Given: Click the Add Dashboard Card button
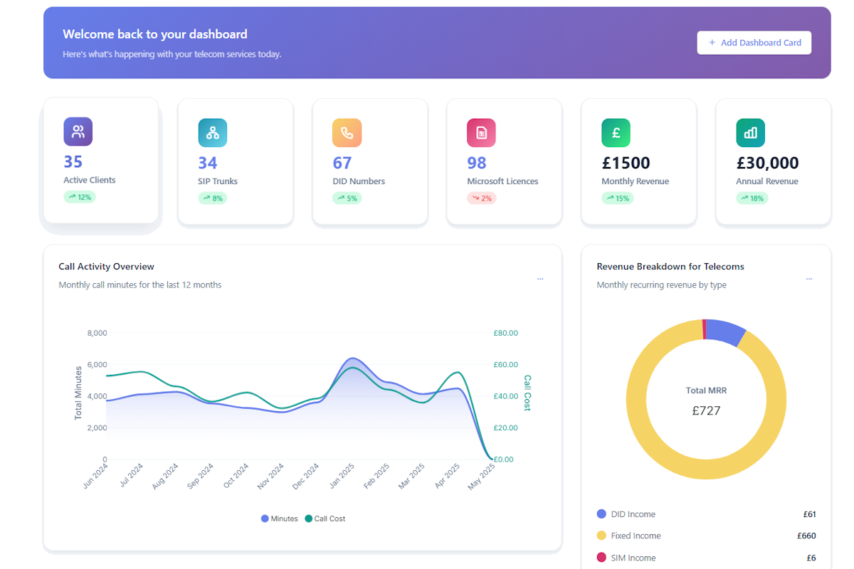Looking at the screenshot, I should click(x=754, y=43).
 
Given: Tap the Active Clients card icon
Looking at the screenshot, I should click(x=78, y=132).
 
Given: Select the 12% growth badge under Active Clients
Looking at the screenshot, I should click(x=80, y=197).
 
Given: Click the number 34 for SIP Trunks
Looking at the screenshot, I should click(x=208, y=163).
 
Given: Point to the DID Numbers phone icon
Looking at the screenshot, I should click(x=347, y=133).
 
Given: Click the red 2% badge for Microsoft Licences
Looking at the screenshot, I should click(x=482, y=198).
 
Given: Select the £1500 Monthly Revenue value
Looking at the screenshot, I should click(x=626, y=163).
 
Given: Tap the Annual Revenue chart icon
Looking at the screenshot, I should click(x=750, y=133).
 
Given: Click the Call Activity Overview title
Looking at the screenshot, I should click(x=106, y=267).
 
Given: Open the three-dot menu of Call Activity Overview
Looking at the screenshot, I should click(x=540, y=279).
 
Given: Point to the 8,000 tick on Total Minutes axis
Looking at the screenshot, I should click(x=96, y=333).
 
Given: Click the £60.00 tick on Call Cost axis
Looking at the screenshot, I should click(x=505, y=365).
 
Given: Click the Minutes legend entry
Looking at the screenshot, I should click(x=280, y=519).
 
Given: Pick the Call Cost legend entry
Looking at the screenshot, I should click(x=325, y=519).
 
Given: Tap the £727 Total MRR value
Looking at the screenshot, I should click(x=706, y=410).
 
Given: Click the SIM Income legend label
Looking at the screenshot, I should click(x=633, y=558).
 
